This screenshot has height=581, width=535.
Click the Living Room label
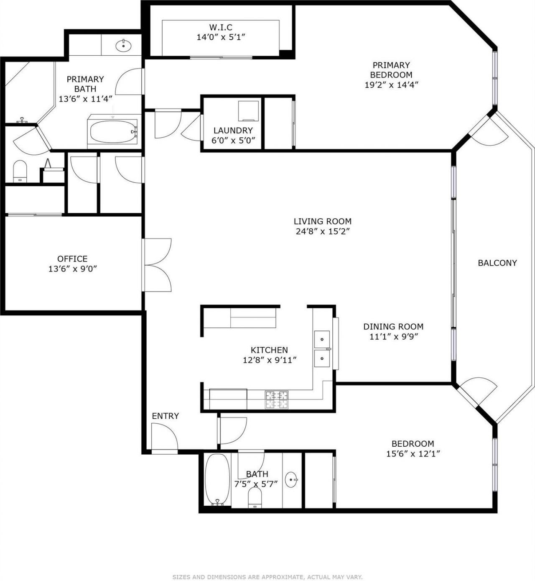tap(322, 221)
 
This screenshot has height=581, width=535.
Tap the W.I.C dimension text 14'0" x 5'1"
tap(220, 37)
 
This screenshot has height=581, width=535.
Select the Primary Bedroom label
tap(391, 70)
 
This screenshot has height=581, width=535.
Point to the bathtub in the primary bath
tap(113, 131)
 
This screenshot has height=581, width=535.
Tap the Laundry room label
tap(233, 131)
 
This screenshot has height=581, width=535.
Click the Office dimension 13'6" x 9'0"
tap(72, 269)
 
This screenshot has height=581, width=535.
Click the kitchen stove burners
tap(277, 399)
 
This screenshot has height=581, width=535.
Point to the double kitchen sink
tap(322, 348)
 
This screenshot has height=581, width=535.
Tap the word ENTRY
tap(165, 416)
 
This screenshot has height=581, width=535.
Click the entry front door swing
tap(164, 436)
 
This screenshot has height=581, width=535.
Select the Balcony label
tap(497, 263)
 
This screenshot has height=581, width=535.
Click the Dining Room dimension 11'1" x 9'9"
tap(393, 337)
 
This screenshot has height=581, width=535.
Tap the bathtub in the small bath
tap(217, 479)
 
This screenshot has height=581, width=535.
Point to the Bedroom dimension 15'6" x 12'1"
tap(413, 454)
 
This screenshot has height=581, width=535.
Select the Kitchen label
tap(269, 350)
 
